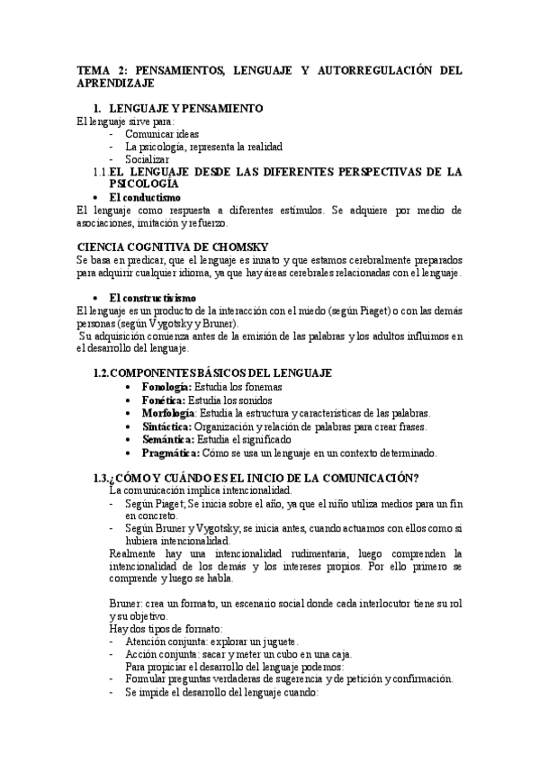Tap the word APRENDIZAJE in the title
tap(117, 83)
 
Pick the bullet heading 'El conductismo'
tap(145, 197)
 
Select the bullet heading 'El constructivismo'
tap(152, 298)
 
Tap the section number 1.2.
tap(106, 373)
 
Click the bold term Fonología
tap(166, 387)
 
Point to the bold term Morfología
tap(168, 413)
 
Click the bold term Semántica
tap(167, 439)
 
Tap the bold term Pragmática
tap(171, 453)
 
